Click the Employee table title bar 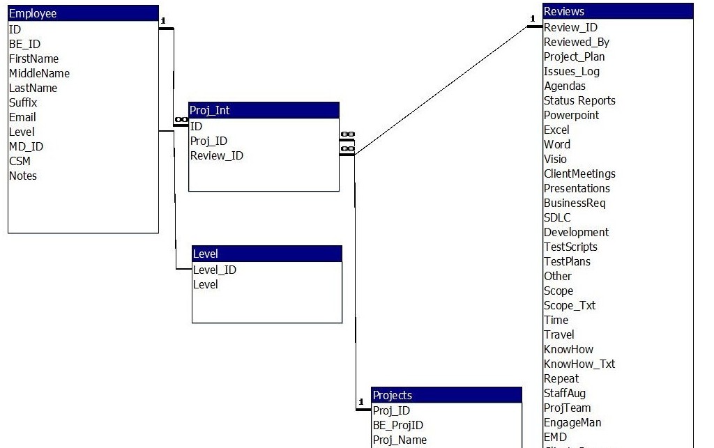83,13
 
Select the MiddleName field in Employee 39,73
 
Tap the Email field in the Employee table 22,117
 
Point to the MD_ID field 26,146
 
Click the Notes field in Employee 23,176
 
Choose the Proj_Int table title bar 264,110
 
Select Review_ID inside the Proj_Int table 217,155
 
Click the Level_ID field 214,270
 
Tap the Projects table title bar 446,395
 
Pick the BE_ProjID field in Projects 398,425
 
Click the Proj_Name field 400,440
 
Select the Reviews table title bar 618,11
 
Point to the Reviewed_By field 577,42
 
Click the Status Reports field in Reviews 579,100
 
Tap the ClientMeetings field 579,173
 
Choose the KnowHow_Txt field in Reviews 579,364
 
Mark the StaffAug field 565,393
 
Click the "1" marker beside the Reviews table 532,19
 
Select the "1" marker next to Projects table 361,402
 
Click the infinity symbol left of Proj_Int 181,120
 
